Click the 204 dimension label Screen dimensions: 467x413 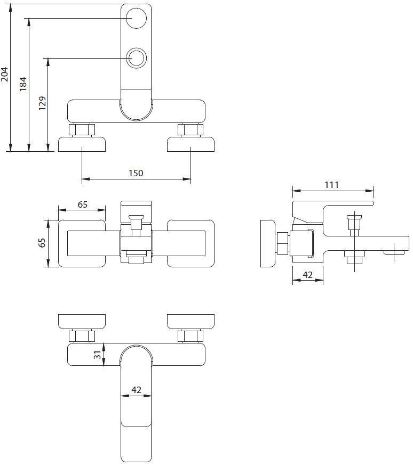coord(5,74)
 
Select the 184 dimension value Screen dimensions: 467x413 coord(23,84)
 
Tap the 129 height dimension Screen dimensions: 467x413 coord(42,103)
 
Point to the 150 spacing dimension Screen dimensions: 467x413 coord(136,173)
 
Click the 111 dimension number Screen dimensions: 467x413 coord(331,185)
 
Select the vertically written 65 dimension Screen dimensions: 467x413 coord(42,243)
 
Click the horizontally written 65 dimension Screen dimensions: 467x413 coord(82,204)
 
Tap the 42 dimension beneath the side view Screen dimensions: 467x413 coord(307,275)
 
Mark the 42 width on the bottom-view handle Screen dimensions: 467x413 coord(136,390)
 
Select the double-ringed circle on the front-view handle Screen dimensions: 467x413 coord(137,57)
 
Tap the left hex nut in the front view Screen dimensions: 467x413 coord(82,130)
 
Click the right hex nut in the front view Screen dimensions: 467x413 coord(190,130)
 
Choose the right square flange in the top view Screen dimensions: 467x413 coord(190,243)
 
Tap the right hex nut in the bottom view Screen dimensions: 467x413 coord(190,336)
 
